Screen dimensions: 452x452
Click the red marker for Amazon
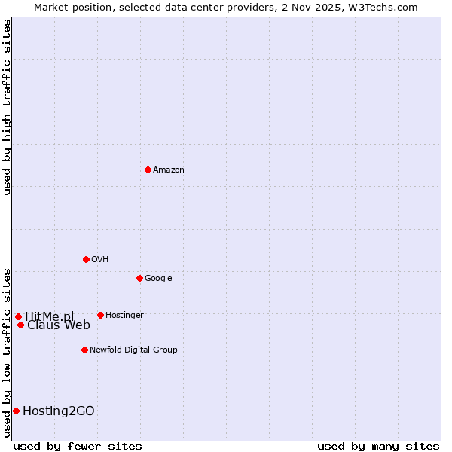pos(148,169)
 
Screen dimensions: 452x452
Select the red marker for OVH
pos(86,259)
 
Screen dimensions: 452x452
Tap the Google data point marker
pos(139,278)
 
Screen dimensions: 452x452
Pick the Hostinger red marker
pos(100,315)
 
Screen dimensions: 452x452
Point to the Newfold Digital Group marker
pos(84,350)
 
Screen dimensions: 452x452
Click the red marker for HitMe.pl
pos(18,316)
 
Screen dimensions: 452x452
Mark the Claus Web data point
pos(20,325)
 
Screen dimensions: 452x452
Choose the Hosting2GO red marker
pos(16,411)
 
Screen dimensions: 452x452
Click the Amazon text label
pos(169,170)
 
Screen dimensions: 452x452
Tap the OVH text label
pos(100,260)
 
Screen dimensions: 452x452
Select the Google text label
pos(158,279)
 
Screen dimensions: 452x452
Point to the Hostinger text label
pos(124,316)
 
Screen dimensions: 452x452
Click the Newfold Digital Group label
pos(133,350)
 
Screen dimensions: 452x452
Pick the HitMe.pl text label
pos(50,316)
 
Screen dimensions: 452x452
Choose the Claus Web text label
pos(59,325)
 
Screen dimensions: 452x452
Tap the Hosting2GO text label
pos(59,411)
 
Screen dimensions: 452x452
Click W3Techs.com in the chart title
pos(383,8)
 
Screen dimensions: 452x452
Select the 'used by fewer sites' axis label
pos(78,446)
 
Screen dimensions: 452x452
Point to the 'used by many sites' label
pos(378,446)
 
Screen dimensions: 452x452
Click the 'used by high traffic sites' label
pos(8,107)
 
